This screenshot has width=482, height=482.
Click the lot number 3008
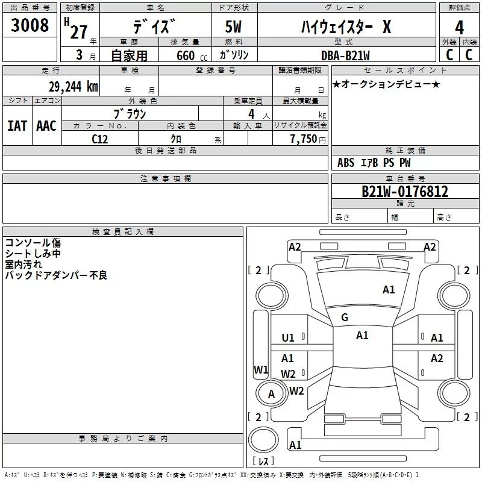(30, 26)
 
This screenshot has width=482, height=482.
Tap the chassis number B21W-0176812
(404, 192)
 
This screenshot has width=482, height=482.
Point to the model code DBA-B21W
(345, 55)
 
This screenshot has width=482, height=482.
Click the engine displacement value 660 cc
(181, 55)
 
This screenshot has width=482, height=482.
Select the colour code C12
(99, 138)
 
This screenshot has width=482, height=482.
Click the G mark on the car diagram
(345, 317)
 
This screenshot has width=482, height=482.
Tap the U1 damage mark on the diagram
(288, 338)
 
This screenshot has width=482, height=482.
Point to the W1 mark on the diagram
(260, 369)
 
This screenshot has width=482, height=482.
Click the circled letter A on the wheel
(271, 394)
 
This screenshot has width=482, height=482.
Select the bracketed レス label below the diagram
(263, 462)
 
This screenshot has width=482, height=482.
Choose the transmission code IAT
(17, 126)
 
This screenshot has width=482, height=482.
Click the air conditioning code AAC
(46, 126)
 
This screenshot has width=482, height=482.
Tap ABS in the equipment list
(346, 163)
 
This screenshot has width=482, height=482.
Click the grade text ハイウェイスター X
(346, 27)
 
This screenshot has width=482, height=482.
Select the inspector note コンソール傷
(33, 243)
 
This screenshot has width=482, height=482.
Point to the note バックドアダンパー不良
(55, 275)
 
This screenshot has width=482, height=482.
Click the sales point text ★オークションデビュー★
(386, 84)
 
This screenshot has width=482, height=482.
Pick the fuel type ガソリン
(234, 55)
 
